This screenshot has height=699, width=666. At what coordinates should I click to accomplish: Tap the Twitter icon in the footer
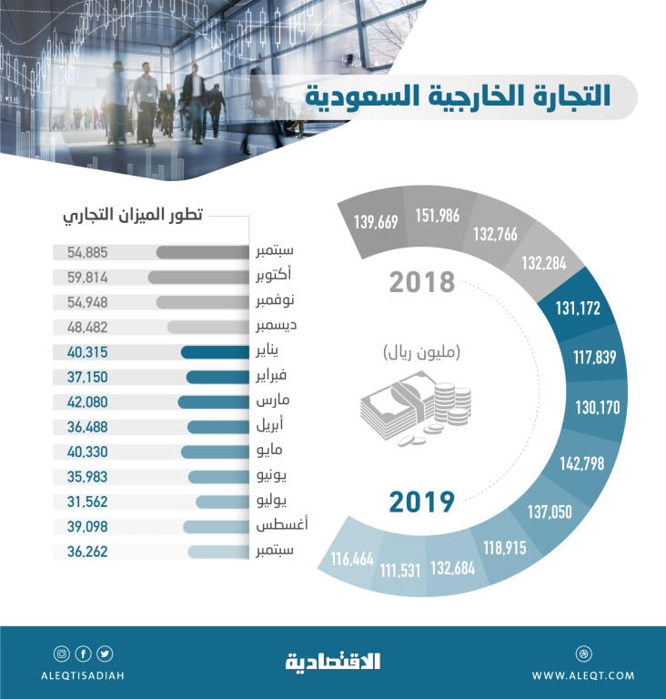(105, 653)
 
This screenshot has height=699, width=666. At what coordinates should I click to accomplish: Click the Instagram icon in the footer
(61, 653)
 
